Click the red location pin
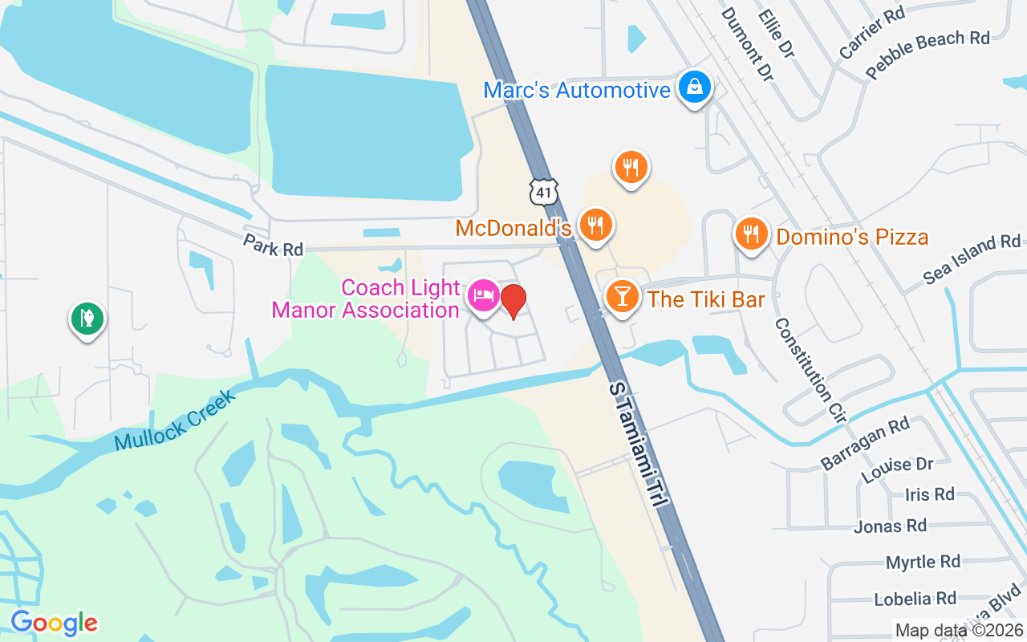click(x=513, y=301)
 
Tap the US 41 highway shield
click(x=543, y=191)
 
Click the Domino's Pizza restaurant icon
click(x=751, y=234)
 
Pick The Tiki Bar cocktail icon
click(x=622, y=297)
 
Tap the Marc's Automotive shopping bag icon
click(x=695, y=87)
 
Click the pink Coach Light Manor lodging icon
click(x=484, y=295)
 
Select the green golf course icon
click(x=87, y=319)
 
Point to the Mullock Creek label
click(x=176, y=420)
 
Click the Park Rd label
click(x=273, y=246)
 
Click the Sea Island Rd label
click(x=972, y=258)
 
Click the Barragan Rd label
click(x=865, y=443)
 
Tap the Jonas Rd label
click(x=890, y=526)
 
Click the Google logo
click(x=54, y=622)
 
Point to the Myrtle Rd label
click(x=923, y=562)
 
